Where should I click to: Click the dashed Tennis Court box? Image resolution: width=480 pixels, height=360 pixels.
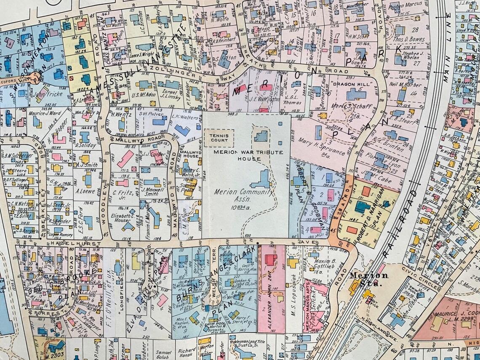(x=219, y=138)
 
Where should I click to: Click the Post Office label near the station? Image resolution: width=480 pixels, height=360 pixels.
(x=371, y=301)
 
